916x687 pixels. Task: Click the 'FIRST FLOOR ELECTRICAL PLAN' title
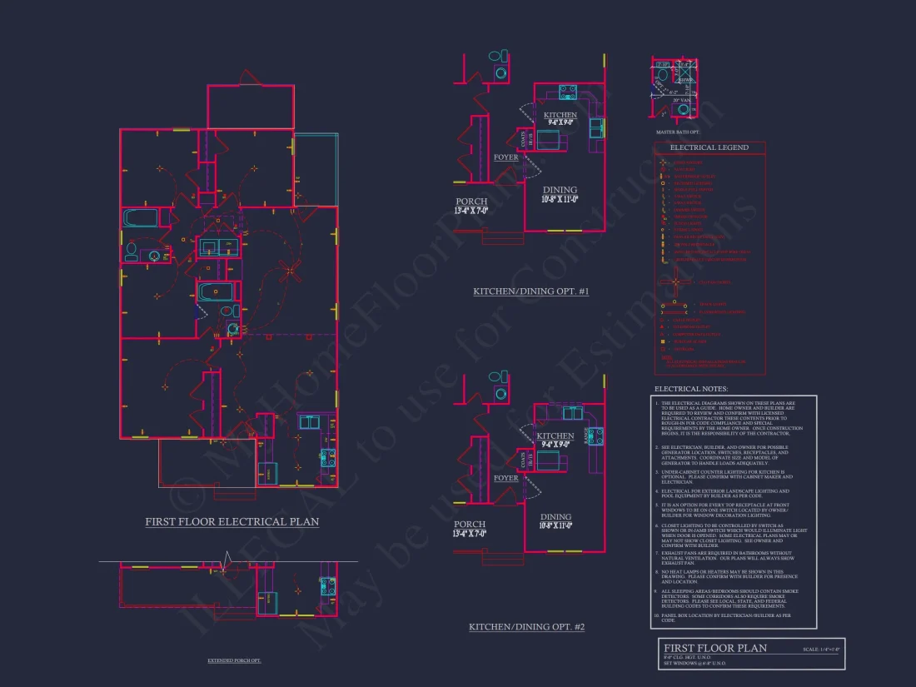(231, 522)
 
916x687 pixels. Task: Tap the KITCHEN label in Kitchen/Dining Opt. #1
(560, 115)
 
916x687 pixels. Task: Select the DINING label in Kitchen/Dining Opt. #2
(555, 517)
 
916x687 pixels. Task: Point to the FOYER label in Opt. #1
(505, 157)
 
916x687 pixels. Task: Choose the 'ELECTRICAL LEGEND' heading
(709, 147)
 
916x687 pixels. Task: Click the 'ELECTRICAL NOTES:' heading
(690, 389)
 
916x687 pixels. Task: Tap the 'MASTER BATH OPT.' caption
(678, 132)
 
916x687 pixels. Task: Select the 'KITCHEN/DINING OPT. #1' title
(530, 291)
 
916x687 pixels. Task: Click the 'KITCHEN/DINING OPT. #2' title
(526, 626)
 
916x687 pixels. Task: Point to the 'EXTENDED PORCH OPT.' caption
(234, 660)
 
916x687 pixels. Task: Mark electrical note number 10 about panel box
(724, 617)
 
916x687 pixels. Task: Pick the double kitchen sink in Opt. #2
(573, 412)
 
